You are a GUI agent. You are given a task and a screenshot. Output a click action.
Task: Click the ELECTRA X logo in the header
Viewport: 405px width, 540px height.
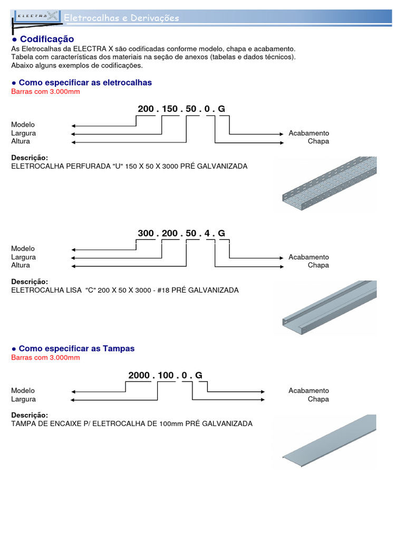click(36, 17)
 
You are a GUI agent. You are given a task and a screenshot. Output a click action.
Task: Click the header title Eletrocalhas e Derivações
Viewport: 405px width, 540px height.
click(121, 18)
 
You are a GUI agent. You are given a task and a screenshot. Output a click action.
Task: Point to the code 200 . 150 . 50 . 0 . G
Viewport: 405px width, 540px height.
click(181, 109)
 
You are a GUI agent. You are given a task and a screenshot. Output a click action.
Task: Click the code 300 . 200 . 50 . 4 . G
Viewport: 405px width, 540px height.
click(181, 233)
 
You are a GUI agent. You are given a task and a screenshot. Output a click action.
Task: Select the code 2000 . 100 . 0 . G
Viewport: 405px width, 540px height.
click(165, 375)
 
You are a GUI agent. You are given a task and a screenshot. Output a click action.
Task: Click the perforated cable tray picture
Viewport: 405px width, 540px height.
click(327, 183)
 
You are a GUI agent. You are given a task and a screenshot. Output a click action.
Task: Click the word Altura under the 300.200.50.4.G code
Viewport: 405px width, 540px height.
click(21, 265)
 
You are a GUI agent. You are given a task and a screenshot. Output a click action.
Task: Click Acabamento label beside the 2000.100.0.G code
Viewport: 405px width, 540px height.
click(308, 391)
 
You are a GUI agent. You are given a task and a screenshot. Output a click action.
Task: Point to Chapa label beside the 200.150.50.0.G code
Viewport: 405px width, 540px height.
click(318, 141)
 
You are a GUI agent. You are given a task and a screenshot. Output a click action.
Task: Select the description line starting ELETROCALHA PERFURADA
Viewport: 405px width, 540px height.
click(129, 166)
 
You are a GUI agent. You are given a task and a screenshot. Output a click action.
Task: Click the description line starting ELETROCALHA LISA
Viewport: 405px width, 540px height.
click(125, 290)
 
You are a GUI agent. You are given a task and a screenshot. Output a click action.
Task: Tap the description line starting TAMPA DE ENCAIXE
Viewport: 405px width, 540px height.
click(132, 423)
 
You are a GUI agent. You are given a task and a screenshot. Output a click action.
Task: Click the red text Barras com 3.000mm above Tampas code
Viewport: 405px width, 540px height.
click(45, 358)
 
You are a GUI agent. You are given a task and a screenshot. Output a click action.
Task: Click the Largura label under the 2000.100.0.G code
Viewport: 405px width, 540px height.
click(24, 399)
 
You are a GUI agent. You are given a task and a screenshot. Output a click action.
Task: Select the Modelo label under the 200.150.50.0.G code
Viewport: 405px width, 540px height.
click(23, 124)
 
